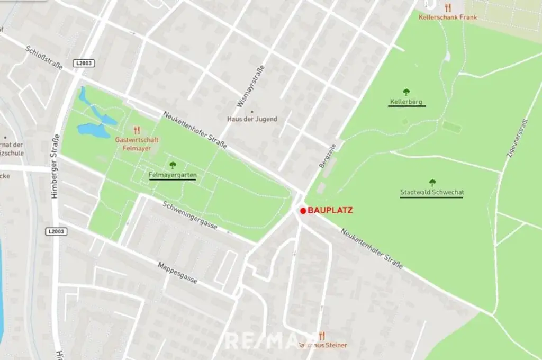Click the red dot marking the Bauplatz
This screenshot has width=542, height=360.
click(303, 211)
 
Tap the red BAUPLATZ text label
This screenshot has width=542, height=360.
click(330, 210)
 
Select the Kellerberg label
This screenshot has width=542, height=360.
click(406, 101)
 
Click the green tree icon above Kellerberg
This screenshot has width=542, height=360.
click(406, 92)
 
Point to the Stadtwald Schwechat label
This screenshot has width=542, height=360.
click(432, 192)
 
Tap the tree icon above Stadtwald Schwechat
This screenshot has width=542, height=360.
click(432, 183)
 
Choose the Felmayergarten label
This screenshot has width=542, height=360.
click(173, 175)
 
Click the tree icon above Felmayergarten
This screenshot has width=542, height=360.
click(173, 165)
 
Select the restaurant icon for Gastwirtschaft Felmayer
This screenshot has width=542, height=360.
click(137, 130)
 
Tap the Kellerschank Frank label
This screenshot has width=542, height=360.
click(448, 17)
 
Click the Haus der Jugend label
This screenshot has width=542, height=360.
click(252, 119)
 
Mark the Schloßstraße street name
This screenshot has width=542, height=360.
click(44, 57)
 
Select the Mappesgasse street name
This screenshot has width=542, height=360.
click(178, 272)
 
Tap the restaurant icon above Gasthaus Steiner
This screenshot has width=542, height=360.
click(321, 336)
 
